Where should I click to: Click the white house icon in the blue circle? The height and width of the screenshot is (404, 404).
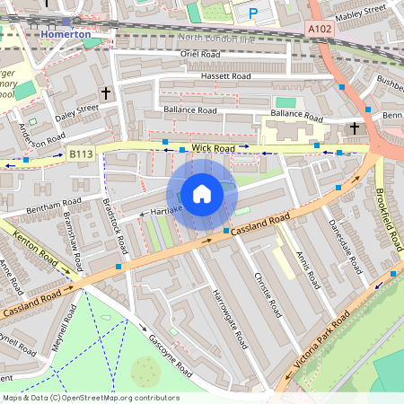coord(202,194)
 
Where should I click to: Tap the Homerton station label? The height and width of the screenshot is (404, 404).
coord(66,34)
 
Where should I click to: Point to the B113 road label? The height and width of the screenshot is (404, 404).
coord(81,155)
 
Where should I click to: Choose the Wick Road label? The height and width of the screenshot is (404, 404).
coord(212,147)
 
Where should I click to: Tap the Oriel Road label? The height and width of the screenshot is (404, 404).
coord(199,54)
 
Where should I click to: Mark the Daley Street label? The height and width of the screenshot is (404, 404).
coord(76,112)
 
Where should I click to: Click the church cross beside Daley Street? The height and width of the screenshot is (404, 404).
coord(106,92)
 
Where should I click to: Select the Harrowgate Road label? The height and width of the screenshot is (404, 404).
coord(229,319)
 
